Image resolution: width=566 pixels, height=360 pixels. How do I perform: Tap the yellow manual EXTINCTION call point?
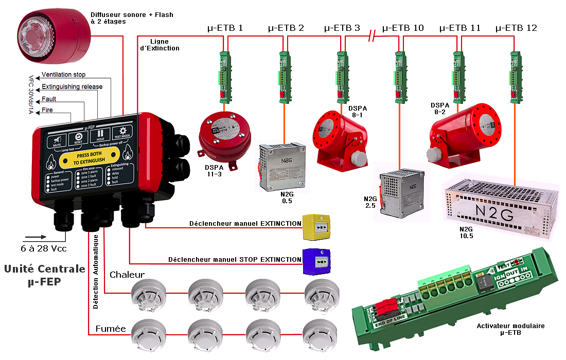317,227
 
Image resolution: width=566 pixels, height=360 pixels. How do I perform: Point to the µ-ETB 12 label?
516,28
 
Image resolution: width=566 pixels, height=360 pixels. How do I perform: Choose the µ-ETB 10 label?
403,28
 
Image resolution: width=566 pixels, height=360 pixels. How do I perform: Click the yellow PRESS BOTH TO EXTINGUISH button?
89,157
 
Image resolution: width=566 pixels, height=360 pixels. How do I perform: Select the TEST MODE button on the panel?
122,133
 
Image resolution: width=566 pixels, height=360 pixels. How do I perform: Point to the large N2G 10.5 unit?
502,206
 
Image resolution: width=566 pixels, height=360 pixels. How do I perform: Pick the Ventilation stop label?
64,75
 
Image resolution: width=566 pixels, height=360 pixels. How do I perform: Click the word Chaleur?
127,275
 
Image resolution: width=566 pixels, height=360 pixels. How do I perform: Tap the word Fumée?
111,328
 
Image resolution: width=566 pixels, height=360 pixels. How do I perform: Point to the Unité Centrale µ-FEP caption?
44,275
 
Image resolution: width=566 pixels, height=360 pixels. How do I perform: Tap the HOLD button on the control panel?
100,135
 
